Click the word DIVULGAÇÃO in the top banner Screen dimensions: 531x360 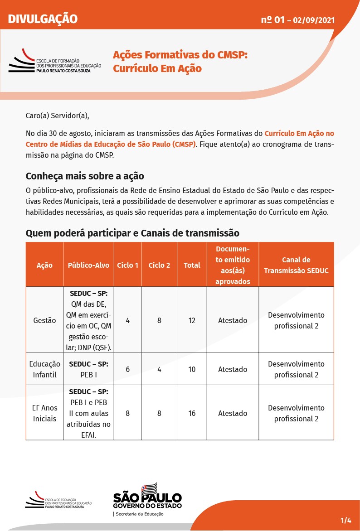pos(43,19)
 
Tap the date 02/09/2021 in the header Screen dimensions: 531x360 pos(314,20)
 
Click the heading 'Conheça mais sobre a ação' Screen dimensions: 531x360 pos(85,175)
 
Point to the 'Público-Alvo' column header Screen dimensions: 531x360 pos(88,265)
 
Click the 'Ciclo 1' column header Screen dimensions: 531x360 pos(128,265)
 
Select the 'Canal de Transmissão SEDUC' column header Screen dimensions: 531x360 pos(296,265)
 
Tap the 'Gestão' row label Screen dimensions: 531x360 pos(44,320)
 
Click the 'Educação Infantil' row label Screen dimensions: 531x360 pos(44,369)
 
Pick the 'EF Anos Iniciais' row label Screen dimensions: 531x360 pos(44,413)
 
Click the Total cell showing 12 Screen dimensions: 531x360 pos(192,320)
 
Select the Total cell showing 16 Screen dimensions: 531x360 pos(192,413)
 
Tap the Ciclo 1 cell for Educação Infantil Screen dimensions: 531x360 pos(128,369)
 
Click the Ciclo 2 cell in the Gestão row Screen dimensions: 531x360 pos(159,320)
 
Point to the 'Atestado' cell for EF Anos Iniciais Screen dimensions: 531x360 pos(233,413)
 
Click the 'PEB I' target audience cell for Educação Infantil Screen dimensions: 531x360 pos(88,369)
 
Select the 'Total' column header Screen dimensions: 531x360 pos(192,265)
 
